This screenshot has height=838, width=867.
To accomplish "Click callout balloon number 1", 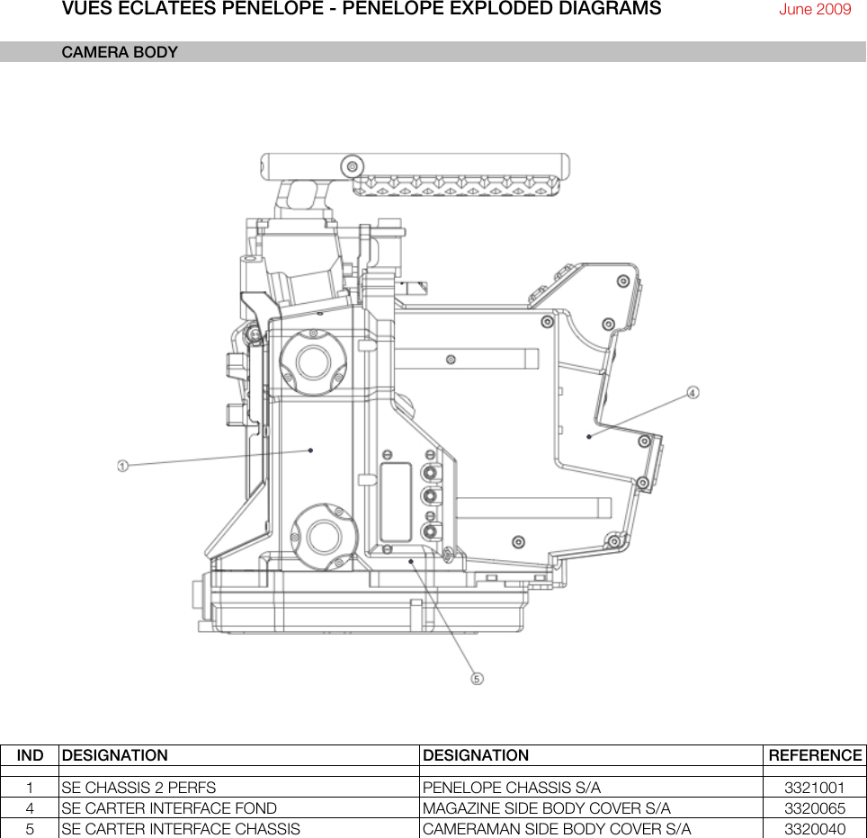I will (122, 465).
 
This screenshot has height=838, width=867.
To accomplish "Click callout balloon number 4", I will (693, 392).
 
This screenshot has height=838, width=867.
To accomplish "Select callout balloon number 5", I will (478, 678).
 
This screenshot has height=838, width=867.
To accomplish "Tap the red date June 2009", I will (814, 10).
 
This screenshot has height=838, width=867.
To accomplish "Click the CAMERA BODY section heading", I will (120, 52).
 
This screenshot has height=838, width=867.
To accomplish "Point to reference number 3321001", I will (814, 788).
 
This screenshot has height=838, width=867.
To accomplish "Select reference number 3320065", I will (814, 808).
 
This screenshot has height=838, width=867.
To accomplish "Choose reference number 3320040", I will (814, 829).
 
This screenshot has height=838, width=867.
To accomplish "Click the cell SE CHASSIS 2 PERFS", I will (139, 788).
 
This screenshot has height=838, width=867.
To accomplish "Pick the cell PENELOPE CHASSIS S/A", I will (511, 788).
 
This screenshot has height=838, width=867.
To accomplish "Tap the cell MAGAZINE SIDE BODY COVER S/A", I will (546, 808).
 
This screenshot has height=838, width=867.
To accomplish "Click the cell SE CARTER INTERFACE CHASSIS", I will (181, 829).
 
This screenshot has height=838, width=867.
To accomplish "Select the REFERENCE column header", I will (814, 755).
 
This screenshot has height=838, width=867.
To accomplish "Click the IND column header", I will (30, 755).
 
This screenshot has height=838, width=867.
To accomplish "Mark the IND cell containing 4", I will (30, 808).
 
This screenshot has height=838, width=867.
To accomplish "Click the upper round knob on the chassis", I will (314, 362).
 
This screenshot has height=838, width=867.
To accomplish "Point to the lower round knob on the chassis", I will (321, 537).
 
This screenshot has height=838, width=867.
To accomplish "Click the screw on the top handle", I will (352, 166).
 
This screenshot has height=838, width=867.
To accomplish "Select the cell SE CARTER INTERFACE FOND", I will (169, 808).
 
